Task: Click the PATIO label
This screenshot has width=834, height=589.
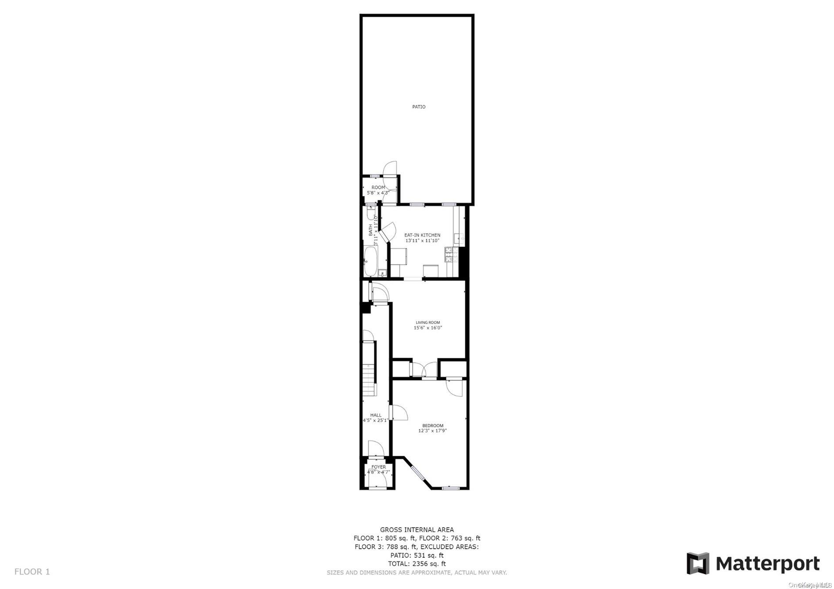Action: point(418,107)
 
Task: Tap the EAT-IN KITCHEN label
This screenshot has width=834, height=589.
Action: point(422,235)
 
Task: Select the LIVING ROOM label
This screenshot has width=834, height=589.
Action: point(428,322)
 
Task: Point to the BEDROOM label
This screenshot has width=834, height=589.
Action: point(432,425)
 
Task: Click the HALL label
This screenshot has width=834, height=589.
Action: point(376,415)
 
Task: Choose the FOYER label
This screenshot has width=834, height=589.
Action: point(378,467)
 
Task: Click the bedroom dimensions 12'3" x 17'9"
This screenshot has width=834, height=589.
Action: point(432,431)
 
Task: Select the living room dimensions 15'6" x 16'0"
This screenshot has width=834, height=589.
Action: point(428,328)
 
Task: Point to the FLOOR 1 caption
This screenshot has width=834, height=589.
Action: point(32,571)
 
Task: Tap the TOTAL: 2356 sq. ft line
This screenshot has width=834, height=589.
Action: point(417,564)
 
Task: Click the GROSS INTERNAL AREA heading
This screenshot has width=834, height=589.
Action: point(417,530)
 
